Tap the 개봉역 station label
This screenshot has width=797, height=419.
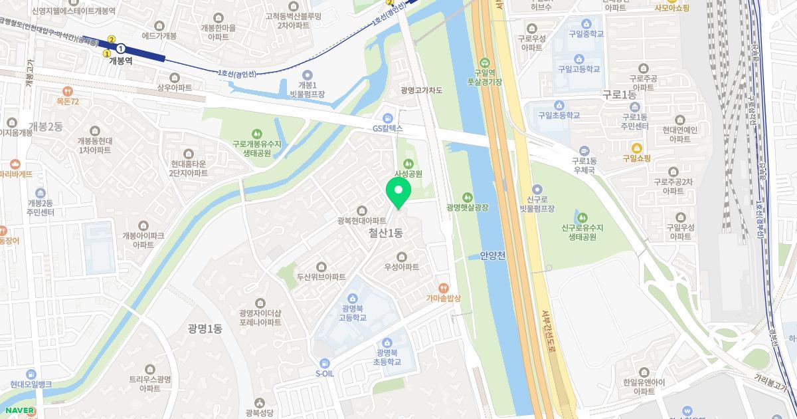[120, 60]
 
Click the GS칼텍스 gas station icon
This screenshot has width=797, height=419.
[388, 116]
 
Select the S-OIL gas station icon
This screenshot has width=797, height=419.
[324, 362]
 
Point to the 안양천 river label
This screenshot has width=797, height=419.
[492, 256]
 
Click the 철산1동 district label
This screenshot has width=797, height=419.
[385, 233]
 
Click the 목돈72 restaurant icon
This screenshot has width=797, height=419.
[67, 90]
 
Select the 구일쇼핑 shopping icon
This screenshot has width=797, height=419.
[636, 147]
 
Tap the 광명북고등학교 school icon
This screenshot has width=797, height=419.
[353, 297]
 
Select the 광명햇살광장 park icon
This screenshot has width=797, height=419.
[468, 196]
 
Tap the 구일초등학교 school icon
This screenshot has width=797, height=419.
[559, 104]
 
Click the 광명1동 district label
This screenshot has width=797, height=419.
[205, 328]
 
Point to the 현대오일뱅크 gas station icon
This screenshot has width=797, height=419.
[31, 374]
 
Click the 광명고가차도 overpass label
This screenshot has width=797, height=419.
[421, 90]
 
